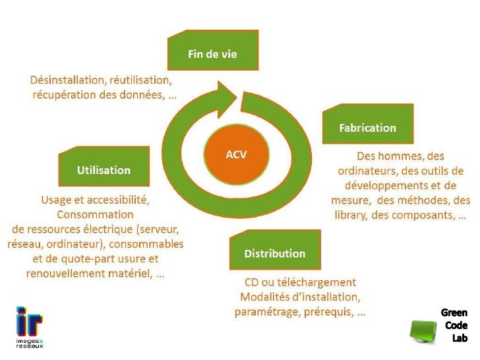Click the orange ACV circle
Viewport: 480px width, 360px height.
pyautogui.click(x=236, y=154)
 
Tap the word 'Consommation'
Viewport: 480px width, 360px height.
pyautogui.click(x=95, y=214)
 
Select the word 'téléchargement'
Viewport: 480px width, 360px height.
pyautogui.click(x=319, y=282)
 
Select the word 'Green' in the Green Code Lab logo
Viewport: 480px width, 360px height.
pyautogui.click(x=454, y=313)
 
